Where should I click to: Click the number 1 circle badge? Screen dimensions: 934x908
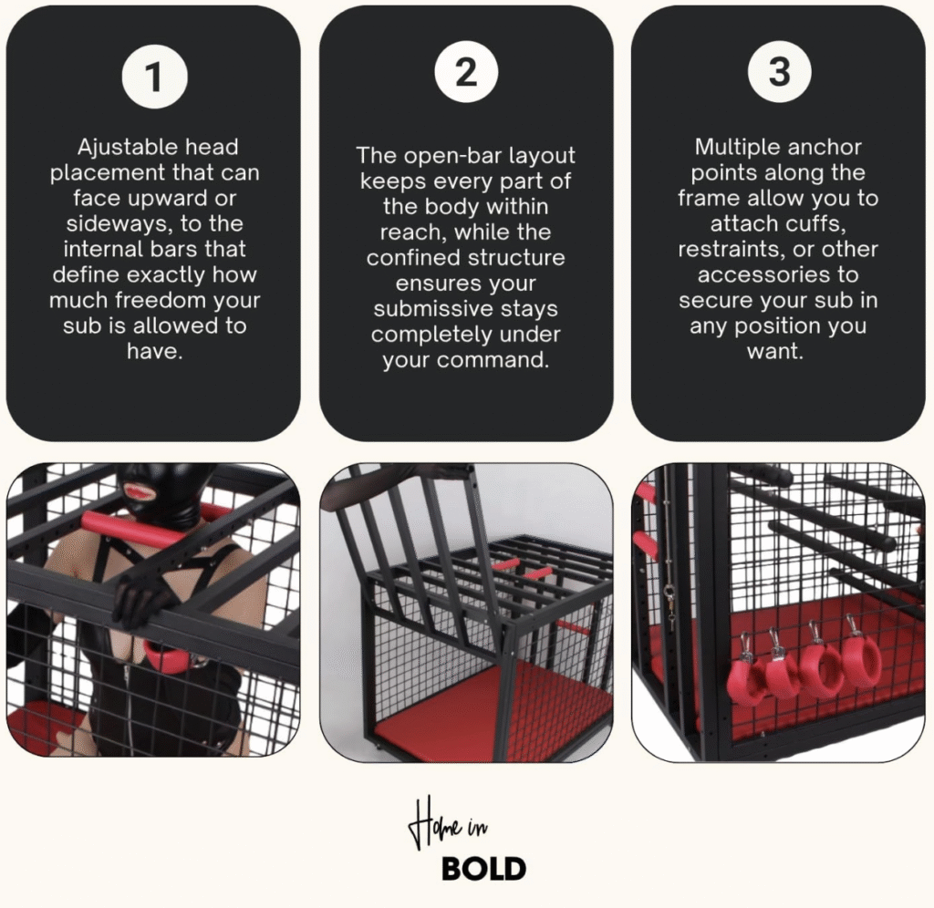coord(154,77)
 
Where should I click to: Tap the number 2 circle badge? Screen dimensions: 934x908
coord(466,72)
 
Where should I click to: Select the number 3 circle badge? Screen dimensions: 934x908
coord(779,72)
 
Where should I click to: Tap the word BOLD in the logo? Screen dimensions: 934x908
coord(483,869)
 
